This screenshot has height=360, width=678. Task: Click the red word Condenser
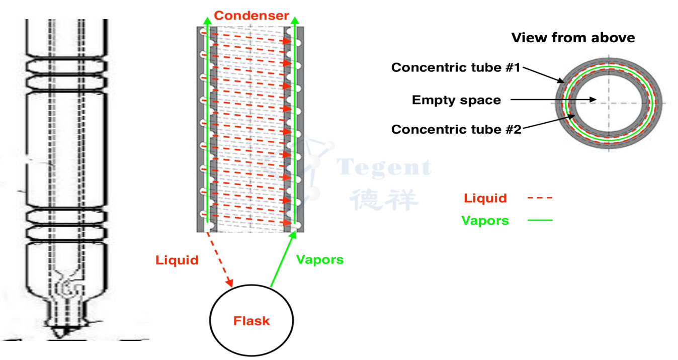pyautogui.click(x=251, y=16)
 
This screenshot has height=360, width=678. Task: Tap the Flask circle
pyautogui.click(x=251, y=320)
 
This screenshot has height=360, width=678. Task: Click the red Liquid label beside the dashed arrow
pyautogui.click(x=177, y=260)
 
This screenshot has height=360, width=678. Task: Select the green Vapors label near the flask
pyautogui.click(x=320, y=259)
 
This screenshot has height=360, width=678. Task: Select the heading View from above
pyautogui.click(x=573, y=38)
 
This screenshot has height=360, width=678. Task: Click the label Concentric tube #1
pyautogui.click(x=456, y=67)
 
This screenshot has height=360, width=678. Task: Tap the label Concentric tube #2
pyautogui.click(x=456, y=129)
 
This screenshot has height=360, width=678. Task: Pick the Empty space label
pyautogui.click(x=456, y=100)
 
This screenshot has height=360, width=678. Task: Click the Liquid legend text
pyautogui.click(x=485, y=198)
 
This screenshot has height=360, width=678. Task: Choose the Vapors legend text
pyautogui.click(x=485, y=220)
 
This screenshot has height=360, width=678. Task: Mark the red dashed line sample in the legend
pyautogui.click(x=540, y=198)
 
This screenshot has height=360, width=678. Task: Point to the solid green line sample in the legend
pyautogui.click(x=540, y=220)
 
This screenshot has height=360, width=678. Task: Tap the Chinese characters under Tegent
pyautogui.click(x=384, y=199)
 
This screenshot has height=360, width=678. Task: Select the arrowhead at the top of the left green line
pyautogui.click(x=207, y=20)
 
